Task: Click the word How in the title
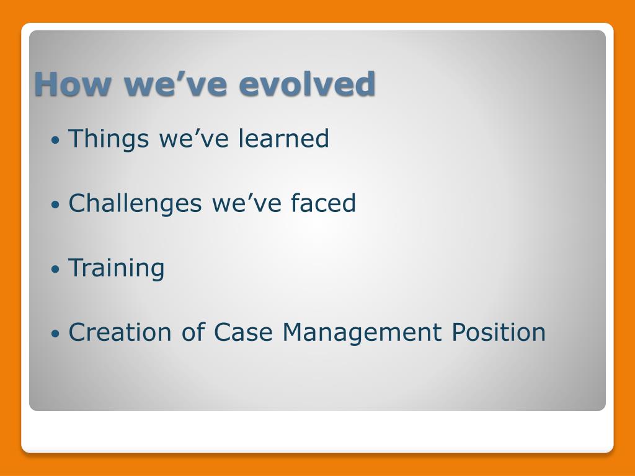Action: [73, 84]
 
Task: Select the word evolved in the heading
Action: [308, 84]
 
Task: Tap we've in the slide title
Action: [175, 84]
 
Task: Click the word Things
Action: [109, 139]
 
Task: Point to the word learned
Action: [283, 138]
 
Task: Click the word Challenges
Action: [135, 204]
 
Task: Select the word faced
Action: [323, 203]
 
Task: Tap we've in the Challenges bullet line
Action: [247, 203]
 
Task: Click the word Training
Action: [116, 269]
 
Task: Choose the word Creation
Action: [120, 332]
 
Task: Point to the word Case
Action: [243, 332]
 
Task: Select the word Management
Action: [362, 333]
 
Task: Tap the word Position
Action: [499, 332]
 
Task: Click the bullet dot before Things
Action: [55, 140]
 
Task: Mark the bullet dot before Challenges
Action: [55, 205]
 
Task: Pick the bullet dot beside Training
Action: [55, 269]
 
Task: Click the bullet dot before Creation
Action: [55, 334]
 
